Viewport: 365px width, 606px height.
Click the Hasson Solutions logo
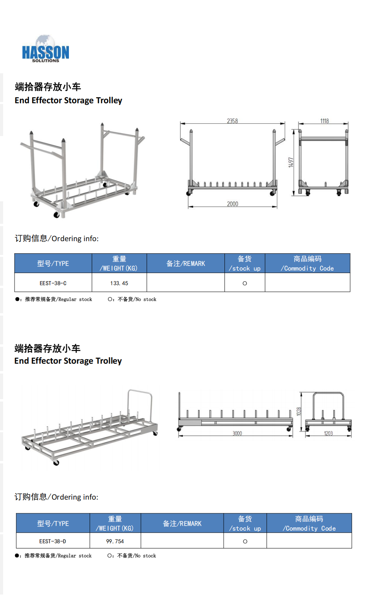click(x=45, y=49)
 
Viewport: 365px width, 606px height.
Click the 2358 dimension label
click(x=232, y=121)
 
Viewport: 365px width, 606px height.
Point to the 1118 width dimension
click(x=324, y=121)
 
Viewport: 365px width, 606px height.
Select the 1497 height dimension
click(x=291, y=162)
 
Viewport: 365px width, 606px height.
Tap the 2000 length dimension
click(x=233, y=204)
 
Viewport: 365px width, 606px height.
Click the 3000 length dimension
click(x=237, y=433)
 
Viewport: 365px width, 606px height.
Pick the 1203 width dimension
click(x=328, y=433)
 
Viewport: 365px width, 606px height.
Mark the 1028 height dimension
click(x=298, y=411)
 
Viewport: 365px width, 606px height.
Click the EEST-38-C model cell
click(x=53, y=283)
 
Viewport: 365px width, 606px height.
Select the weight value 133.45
click(x=119, y=283)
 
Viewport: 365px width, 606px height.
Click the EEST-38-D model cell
click(x=52, y=541)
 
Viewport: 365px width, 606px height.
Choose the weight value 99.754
click(x=115, y=541)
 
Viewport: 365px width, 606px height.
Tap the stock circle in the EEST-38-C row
click(x=245, y=283)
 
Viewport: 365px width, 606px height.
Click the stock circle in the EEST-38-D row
click(x=245, y=541)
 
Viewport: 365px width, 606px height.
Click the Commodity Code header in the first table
click(x=308, y=263)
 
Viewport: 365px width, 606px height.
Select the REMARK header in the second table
click(x=182, y=524)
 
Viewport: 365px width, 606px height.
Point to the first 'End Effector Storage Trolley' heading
click(x=69, y=100)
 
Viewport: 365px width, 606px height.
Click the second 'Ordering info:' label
click(x=56, y=497)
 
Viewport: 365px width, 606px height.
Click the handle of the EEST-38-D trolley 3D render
click(x=140, y=392)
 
